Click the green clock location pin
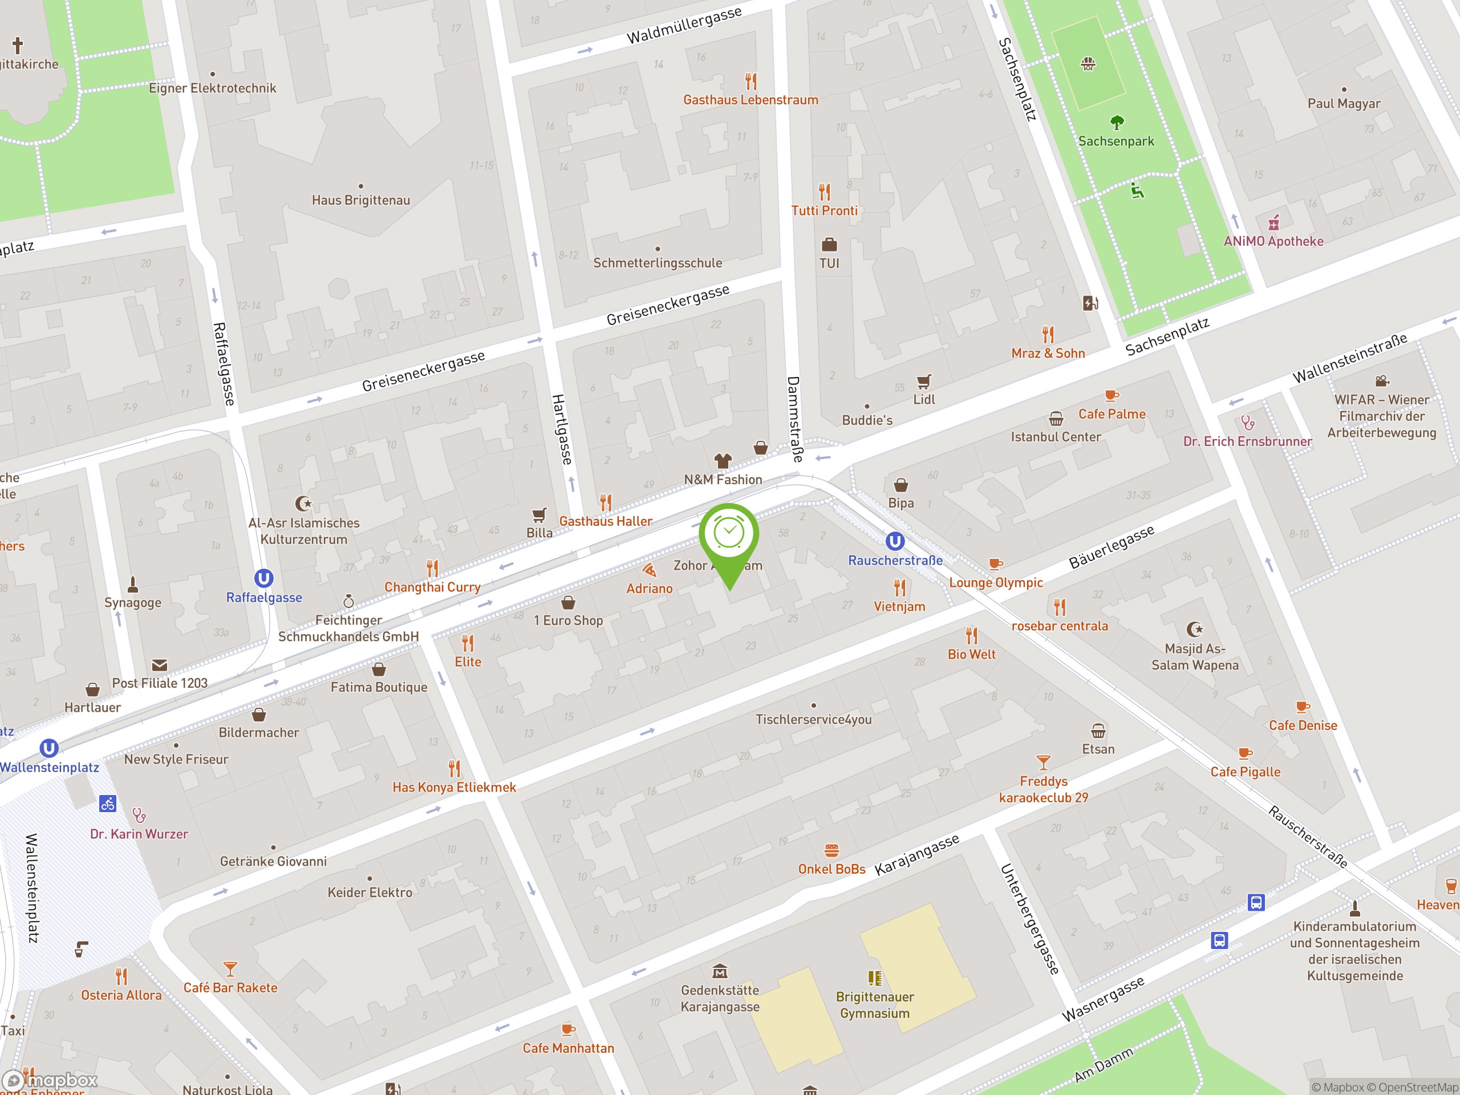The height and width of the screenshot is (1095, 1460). (x=729, y=534)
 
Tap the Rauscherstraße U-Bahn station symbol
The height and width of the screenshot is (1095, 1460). (x=894, y=542)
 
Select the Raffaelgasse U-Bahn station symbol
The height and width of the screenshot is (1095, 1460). (x=264, y=579)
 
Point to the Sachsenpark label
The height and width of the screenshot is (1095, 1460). (x=1116, y=141)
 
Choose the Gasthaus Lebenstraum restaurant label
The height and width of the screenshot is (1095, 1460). (x=751, y=100)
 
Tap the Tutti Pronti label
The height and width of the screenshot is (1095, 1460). (x=824, y=211)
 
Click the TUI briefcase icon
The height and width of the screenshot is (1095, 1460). (x=829, y=245)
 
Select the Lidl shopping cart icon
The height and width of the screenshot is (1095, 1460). (x=924, y=382)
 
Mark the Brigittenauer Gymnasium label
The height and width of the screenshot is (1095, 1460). (x=874, y=1004)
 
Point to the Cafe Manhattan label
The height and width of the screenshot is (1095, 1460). (x=568, y=1048)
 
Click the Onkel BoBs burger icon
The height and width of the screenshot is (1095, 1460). (x=832, y=850)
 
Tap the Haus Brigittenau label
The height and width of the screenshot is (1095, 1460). (x=361, y=201)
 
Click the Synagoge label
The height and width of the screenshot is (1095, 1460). (x=133, y=603)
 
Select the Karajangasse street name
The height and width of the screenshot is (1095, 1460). (x=917, y=855)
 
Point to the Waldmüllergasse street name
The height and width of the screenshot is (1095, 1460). (x=684, y=26)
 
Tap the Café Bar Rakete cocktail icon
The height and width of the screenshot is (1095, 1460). (x=230, y=969)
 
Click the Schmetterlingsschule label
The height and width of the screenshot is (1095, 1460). (x=658, y=263)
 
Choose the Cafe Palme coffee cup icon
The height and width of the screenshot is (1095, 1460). (x=1112, y=396)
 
